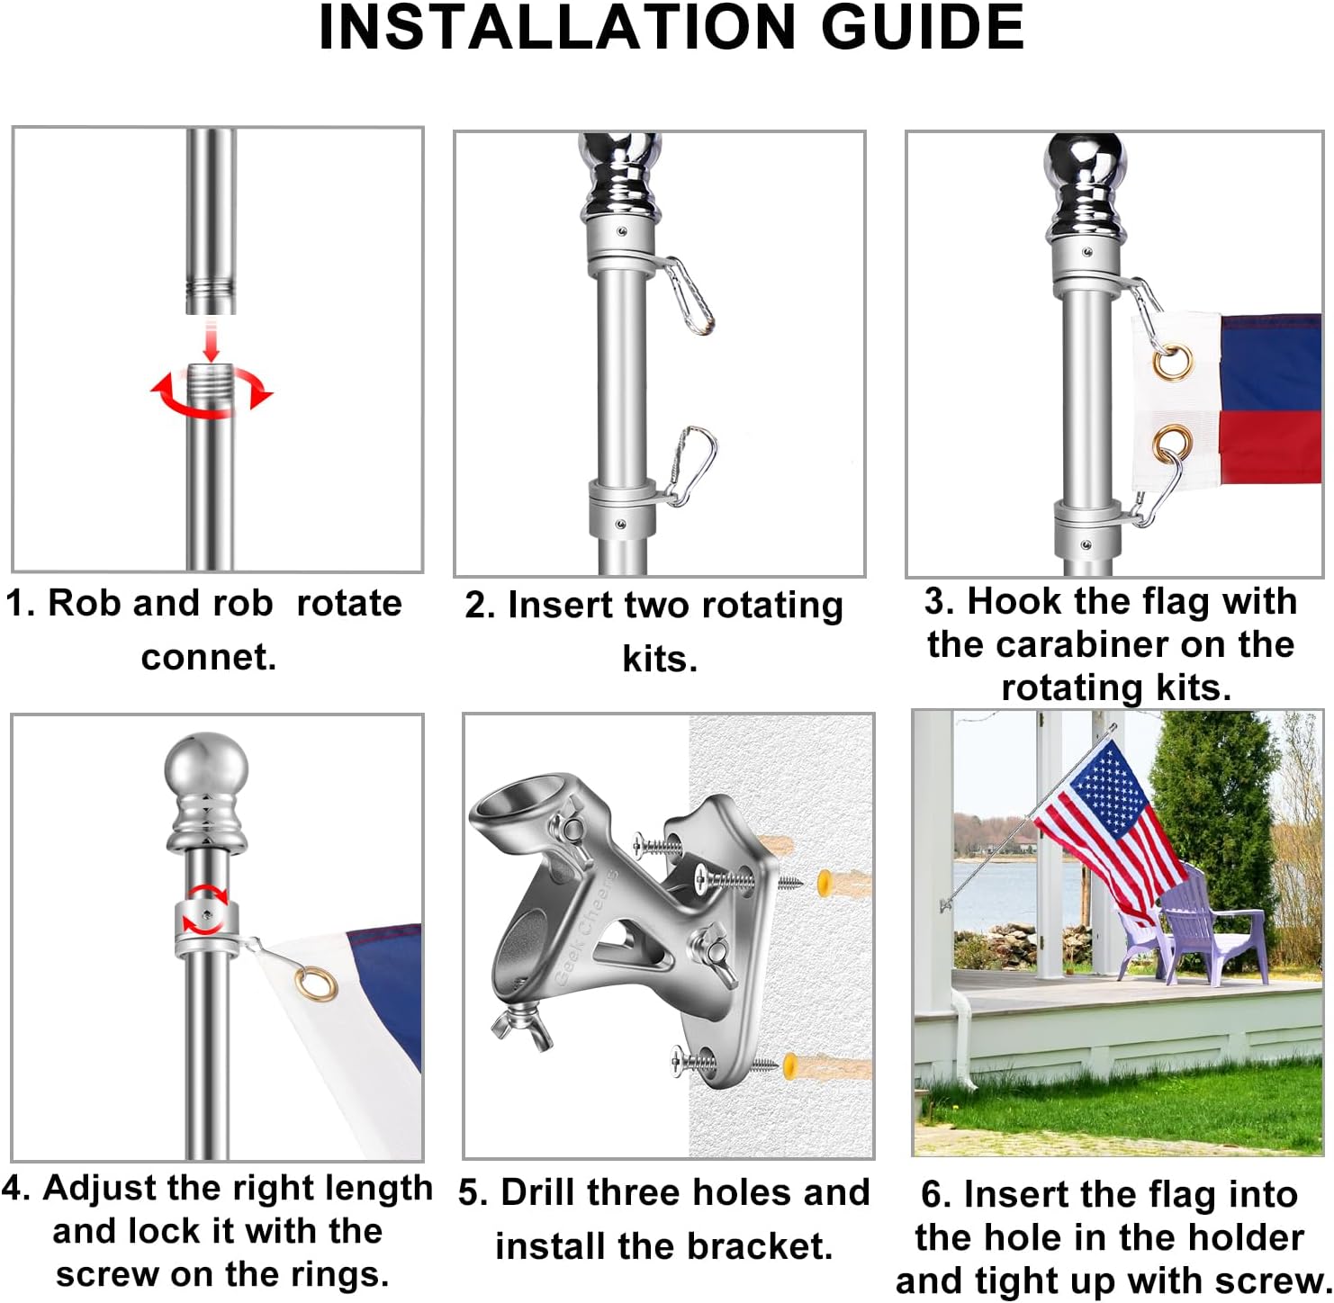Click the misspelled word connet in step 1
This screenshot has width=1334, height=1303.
(x=209, y=657)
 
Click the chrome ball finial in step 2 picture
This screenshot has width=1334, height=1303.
(x=620, y=162)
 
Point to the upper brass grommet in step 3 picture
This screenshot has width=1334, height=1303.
(x=1174, y=362)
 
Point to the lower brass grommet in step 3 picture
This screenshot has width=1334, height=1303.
(x=1172, y=445)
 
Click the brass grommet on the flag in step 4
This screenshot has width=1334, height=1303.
(x=317, y=984)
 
